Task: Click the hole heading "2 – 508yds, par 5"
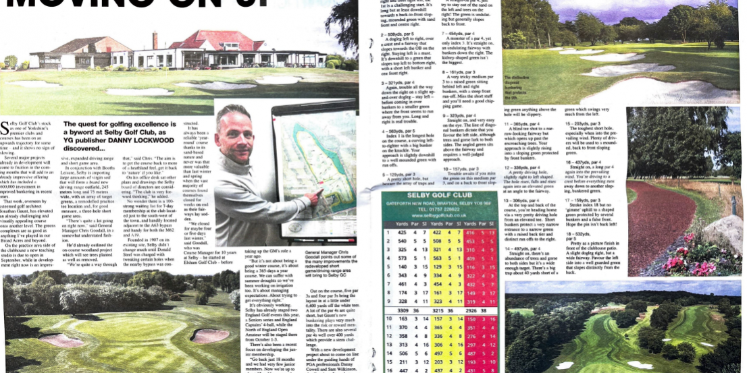click(402, 32)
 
